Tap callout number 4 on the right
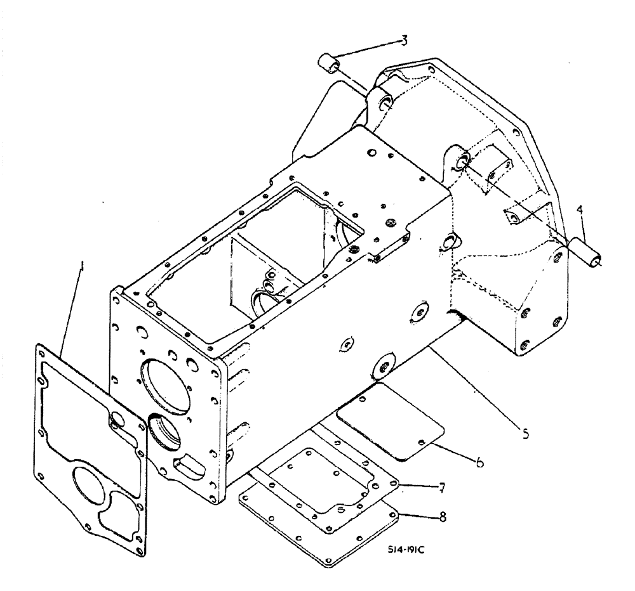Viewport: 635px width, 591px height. click(x=578, y=209)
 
